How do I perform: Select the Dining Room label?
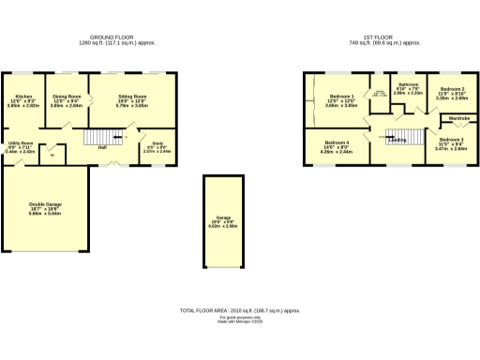[66, 96]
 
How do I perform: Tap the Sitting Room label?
[132, 96]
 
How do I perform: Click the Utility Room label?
[20, 143]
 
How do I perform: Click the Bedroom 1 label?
[342, 97]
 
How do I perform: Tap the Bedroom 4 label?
[337, 142]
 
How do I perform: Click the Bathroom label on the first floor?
[407, 84]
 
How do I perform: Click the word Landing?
[398, 140]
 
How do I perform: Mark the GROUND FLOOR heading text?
[118, 38]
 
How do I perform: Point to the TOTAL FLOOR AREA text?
[240, 308]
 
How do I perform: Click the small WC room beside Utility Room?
[52, 154]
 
